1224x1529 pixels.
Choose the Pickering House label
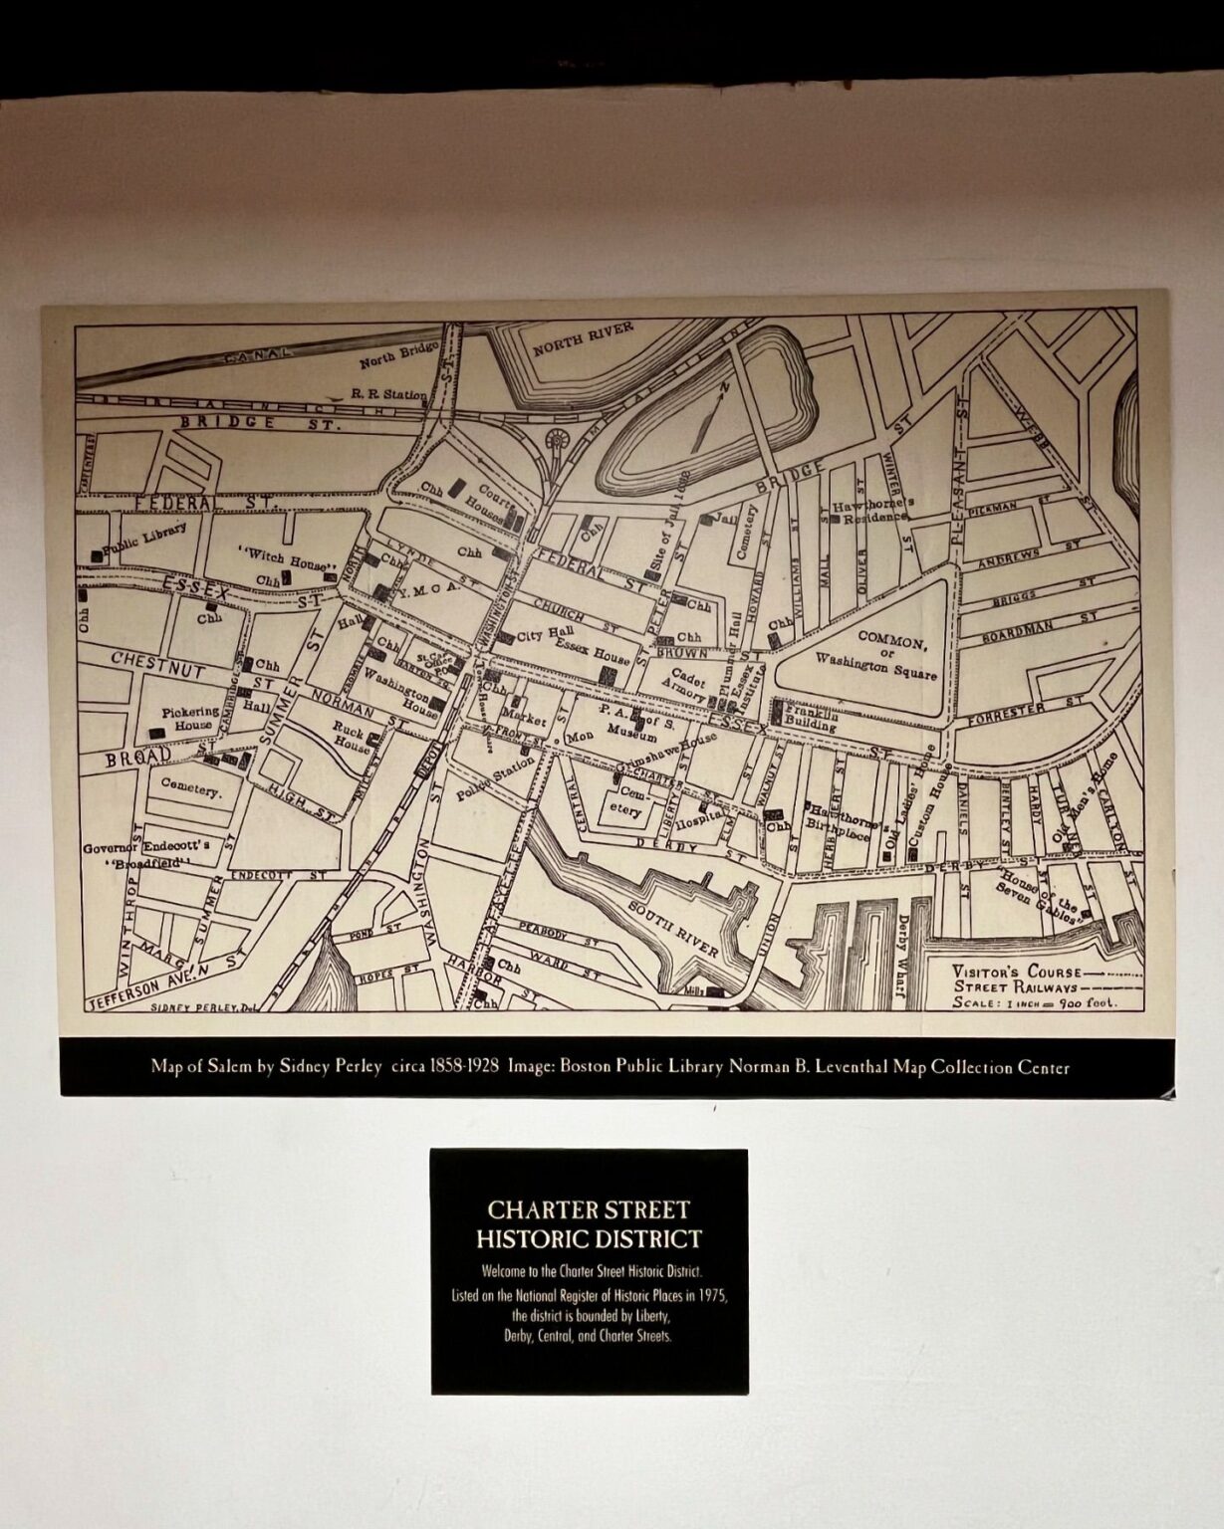[190, 719]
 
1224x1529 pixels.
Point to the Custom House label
[936, 814]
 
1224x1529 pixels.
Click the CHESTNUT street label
[157, 663]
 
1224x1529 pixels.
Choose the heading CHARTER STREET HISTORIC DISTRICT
[589, 1224]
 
